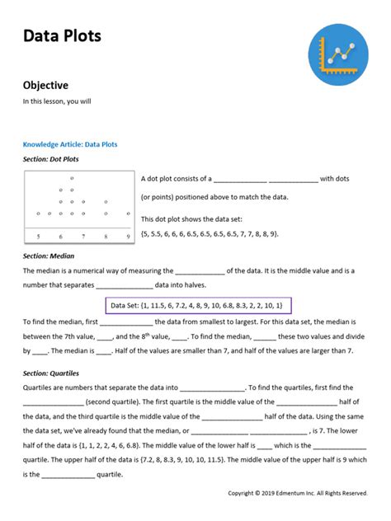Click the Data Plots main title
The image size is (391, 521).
62,35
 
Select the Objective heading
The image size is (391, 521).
45,85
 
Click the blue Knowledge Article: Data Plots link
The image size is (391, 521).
70,144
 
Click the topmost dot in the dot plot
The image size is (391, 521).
72,178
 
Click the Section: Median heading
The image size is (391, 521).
49,256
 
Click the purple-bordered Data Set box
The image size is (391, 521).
197,305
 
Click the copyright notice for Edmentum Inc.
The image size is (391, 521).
298,493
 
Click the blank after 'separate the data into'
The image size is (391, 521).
212,387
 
